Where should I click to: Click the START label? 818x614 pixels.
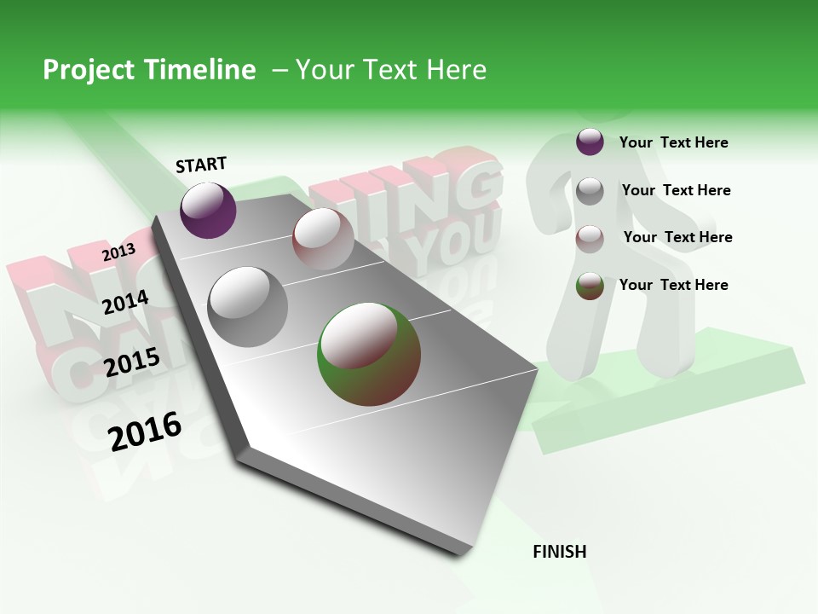pos(201,165)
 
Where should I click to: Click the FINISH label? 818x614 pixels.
pos(560,552)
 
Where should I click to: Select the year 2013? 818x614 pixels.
pos(118,252)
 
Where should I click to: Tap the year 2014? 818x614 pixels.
pos(125,302)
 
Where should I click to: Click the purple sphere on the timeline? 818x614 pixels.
pos(208,210)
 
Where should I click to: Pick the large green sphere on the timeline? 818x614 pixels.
pos(369,353)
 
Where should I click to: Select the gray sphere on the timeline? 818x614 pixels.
pos(247,306)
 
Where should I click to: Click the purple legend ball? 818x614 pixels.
pos(590,142)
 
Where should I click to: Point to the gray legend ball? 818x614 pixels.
pos(590,191)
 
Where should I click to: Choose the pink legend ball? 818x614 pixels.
pos(590,239)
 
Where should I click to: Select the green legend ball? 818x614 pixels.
pos(590,286)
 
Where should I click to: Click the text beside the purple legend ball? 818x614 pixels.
pos(673,142)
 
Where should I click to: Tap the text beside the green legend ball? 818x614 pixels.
pos(673,285)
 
